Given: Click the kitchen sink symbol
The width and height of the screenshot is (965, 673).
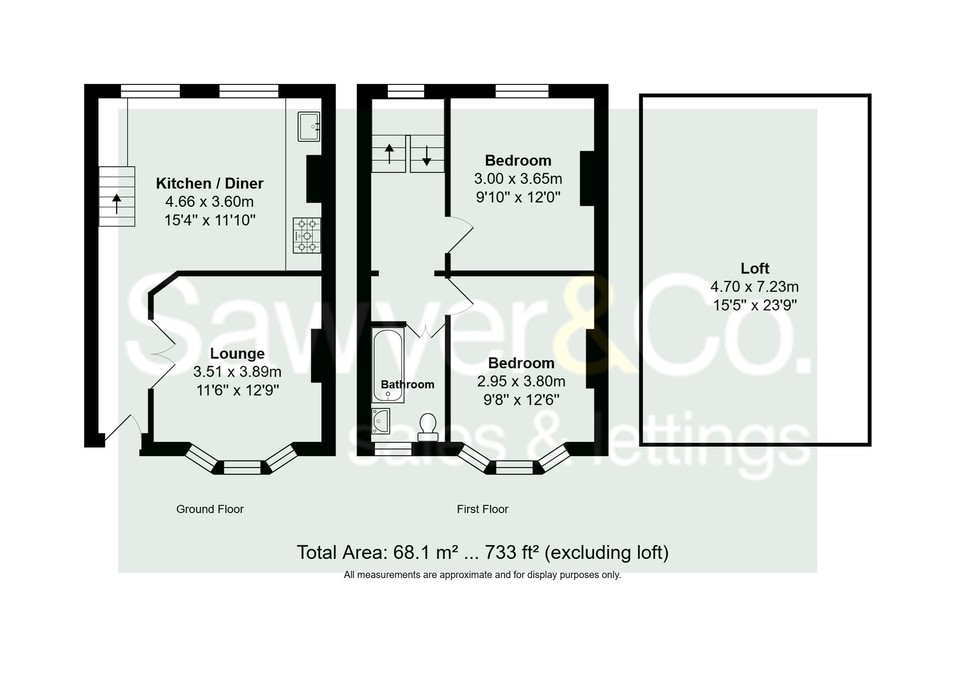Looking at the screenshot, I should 309,126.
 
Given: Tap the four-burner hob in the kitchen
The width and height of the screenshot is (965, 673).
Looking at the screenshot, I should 307,236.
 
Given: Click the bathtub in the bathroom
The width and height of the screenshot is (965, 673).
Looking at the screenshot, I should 387,365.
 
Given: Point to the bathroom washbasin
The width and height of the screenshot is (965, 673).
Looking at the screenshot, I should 381,421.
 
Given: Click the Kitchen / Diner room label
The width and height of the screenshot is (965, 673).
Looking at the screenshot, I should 209,183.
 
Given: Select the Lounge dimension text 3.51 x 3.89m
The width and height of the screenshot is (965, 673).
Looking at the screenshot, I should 237,372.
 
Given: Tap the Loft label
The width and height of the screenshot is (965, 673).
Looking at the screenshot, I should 755,268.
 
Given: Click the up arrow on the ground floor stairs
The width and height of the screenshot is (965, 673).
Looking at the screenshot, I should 117,203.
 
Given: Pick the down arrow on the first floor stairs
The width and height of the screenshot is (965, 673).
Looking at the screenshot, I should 427,156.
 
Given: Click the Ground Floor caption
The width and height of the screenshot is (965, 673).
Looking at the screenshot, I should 210,509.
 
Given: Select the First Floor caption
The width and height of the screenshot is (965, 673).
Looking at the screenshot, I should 482,509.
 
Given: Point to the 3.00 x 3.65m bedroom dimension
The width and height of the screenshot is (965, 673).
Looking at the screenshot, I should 518,179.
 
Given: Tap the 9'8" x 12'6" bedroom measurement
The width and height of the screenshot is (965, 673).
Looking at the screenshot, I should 521,400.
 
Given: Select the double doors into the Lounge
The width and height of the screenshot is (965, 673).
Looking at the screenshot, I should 163,354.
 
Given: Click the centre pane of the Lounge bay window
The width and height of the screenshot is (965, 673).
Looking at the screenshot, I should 242,467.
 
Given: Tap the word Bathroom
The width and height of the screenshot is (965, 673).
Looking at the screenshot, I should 407,384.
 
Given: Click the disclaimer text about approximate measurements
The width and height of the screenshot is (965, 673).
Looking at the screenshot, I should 482,575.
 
